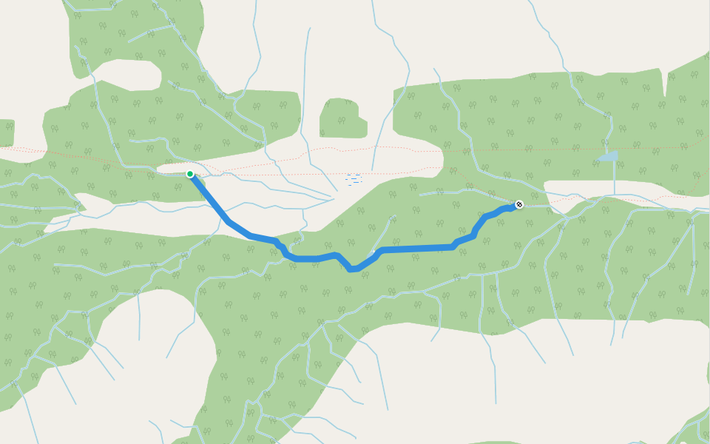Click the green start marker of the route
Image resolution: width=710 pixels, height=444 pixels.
tap(190, 174)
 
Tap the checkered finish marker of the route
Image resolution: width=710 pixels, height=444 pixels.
tap(519, 203)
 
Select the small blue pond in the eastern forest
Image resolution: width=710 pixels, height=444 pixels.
tap(608, 157)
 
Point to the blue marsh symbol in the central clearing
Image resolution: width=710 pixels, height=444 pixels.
tap(354, 179)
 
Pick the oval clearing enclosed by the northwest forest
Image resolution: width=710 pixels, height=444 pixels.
tap(126, 75)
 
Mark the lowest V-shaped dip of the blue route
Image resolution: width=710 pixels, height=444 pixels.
tap(354, 269)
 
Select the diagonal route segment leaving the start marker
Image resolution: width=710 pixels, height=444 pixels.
tap(210, 198)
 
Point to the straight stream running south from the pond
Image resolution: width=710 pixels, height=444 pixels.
tap(615, 178)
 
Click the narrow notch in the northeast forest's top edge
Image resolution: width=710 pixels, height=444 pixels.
tap(665, 85)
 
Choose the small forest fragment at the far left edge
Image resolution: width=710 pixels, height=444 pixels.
tap(6, 132)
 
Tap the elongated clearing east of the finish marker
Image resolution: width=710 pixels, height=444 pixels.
tap(621, 188)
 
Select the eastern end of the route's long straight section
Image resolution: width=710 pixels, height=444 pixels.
tap(453, 246)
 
